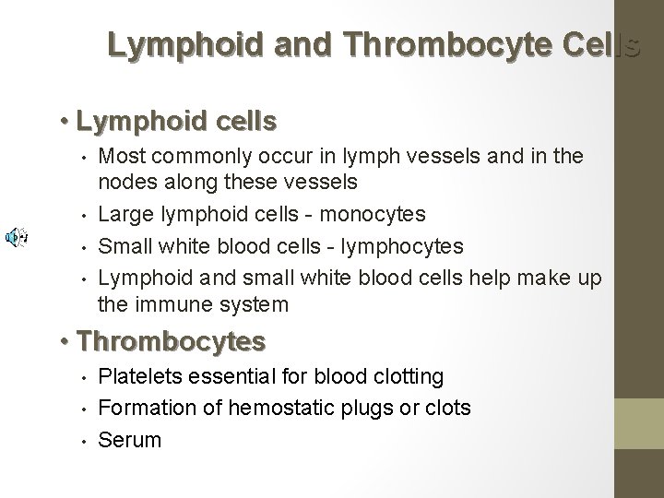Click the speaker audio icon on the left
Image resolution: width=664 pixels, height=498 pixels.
15,238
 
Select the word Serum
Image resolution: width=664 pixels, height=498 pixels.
129,440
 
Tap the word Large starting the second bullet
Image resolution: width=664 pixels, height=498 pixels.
124,214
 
